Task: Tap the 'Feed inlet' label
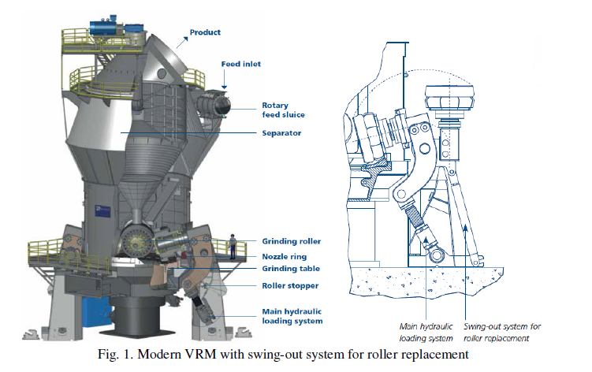241,63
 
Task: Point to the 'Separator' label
281,133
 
